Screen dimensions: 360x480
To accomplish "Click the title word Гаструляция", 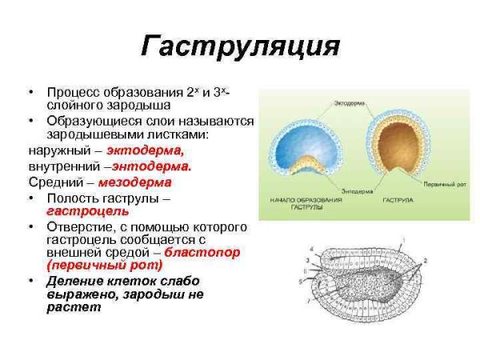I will coord(240,46).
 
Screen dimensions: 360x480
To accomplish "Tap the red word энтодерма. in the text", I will coord(152,166).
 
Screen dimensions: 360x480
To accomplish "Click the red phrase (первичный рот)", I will coord(104,265).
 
